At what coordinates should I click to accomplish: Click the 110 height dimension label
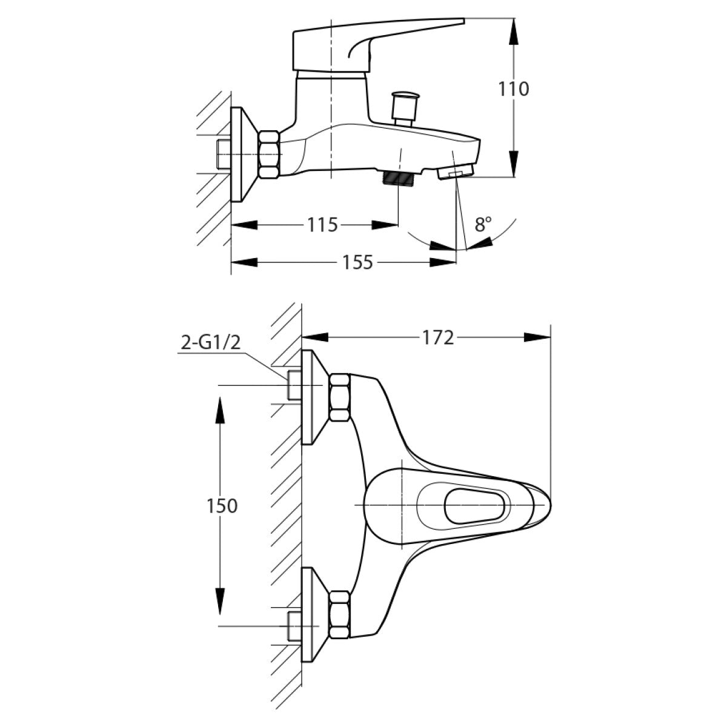tap(513, 89)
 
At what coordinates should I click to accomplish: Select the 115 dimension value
tap(322, 225)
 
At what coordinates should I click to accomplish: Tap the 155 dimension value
tap(357, 262)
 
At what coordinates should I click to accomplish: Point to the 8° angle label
tap(483, 225)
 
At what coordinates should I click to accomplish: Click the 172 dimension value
tap(438, 337)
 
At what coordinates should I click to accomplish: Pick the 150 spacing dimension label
tap(222, 505)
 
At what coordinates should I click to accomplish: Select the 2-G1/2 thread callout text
tap(211, 344)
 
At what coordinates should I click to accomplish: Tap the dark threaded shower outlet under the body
tap(398, 178)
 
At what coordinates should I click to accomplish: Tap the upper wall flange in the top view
tap(314, 397)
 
